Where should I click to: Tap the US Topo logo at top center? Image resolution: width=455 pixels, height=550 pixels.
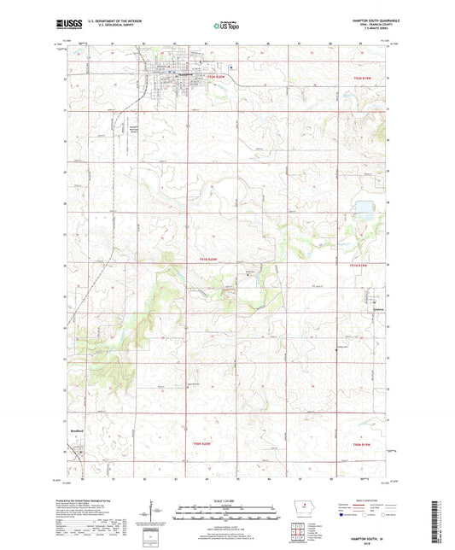[x=226, y=26]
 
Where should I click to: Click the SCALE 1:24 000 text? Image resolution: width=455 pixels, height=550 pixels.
[x=227, y=499]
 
